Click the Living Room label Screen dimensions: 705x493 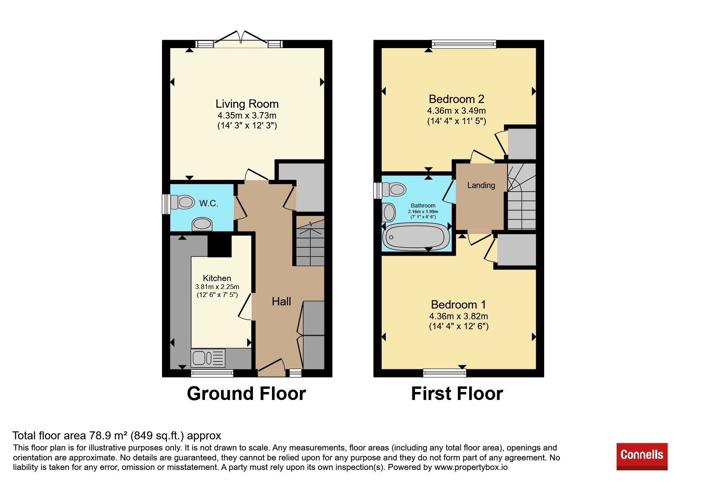247,104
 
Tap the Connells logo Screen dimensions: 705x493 642,456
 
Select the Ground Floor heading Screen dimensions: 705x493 246,394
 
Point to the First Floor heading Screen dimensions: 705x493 457,394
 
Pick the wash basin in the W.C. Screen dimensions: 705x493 202,224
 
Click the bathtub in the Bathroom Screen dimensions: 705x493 416,237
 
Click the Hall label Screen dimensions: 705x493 281,301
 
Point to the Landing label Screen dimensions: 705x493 481,185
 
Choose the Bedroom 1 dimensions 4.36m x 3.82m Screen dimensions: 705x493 459,316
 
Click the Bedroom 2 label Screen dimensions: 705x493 457,99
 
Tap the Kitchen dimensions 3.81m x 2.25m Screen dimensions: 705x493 217,287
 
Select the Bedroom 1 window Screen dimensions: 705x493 444,373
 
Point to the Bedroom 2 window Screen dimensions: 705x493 464,44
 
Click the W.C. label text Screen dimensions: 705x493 209,203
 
